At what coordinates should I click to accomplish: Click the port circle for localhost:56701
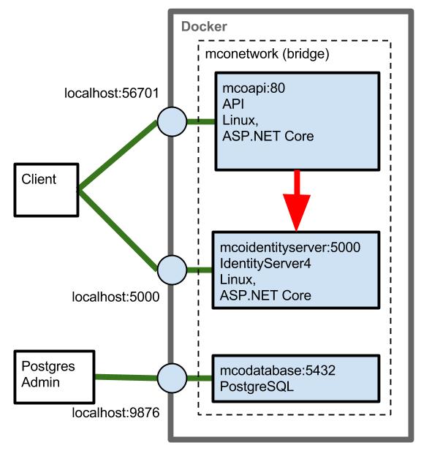[172, 121]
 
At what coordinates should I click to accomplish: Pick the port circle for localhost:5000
[172, 270]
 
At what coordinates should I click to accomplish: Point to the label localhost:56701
[112, 94]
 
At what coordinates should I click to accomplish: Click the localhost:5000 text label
[115, 297]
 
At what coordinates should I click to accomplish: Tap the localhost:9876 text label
[115, 414]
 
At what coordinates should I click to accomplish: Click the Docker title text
[204, 27]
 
